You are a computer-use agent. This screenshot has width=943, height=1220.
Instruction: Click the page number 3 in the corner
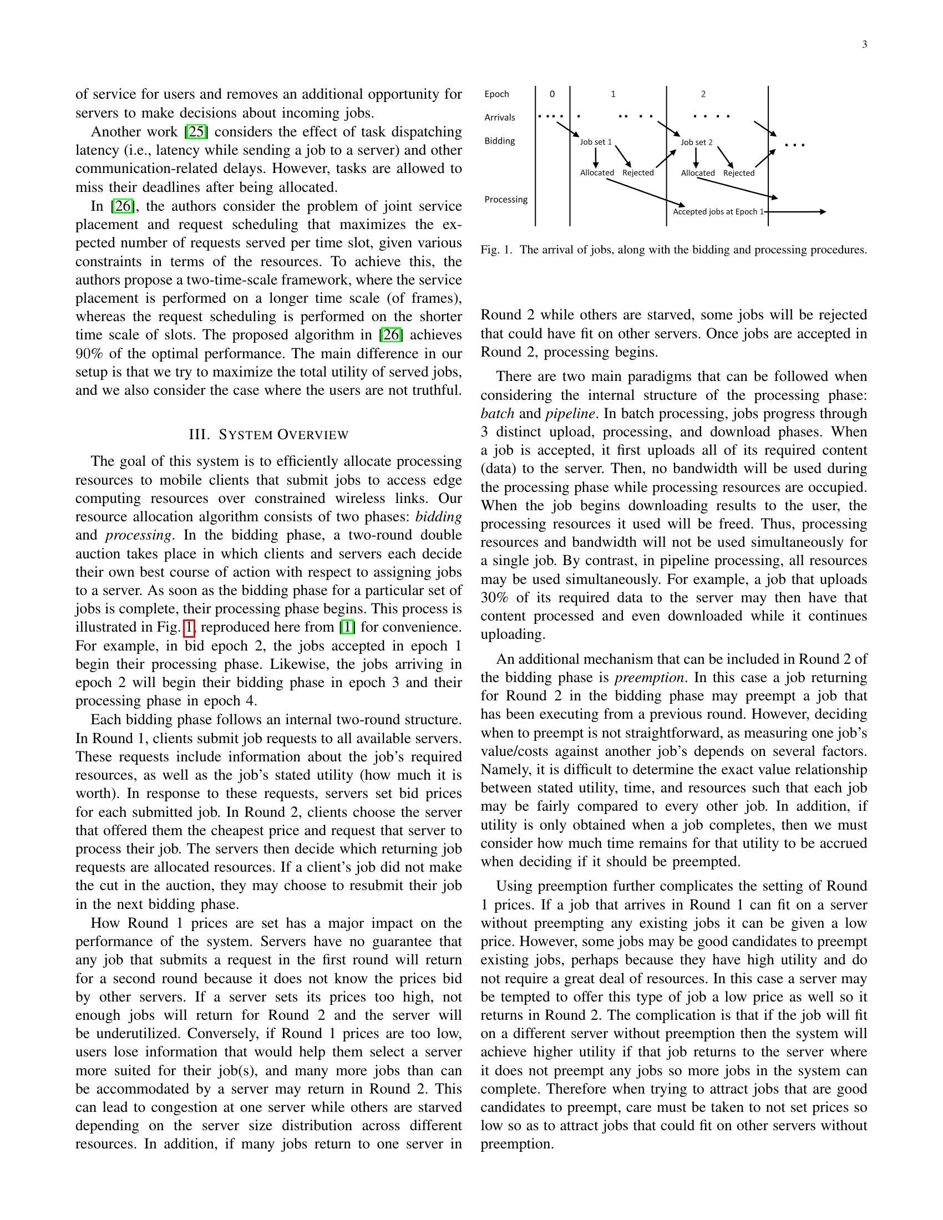pos(864,45)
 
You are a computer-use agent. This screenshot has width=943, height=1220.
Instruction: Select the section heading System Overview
pos(268,435)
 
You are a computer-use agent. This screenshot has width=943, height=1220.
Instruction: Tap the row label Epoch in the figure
pos(496,94)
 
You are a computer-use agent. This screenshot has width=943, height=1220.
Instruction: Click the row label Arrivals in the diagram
pos(499,118)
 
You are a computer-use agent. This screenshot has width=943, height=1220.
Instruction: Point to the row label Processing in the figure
pos(505,200)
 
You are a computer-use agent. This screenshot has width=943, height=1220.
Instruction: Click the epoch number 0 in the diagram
pos(552,94)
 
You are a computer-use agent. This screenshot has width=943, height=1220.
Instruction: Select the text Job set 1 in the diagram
pos(596,142)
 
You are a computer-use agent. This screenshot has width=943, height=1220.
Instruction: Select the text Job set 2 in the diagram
pos(696,143)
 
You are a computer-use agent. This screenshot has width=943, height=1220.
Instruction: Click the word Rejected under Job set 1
pos(637,172)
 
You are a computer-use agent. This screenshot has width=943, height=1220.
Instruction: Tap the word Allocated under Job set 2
pos(697,173)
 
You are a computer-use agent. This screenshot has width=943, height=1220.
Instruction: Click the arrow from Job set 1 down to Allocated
pos(596,157)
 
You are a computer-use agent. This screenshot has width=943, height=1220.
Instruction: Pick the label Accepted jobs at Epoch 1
pos(718,212)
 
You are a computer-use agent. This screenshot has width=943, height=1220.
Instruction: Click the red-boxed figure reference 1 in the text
pos(189,627)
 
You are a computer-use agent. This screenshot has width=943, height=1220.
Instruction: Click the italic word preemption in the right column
pos(649,678)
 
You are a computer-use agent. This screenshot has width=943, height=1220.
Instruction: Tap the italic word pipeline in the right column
pos(570,413)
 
